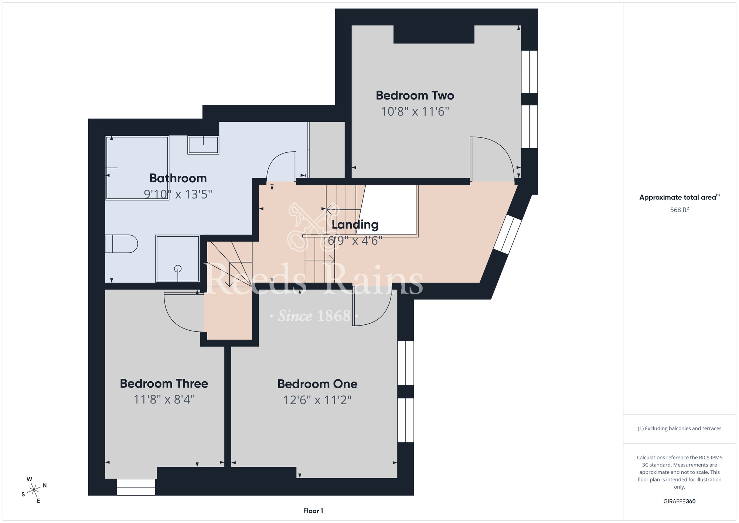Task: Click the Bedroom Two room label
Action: (415, 95)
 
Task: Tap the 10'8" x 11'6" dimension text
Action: (415, 111)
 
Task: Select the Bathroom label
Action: (178, 178)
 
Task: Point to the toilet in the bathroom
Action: (121, 244)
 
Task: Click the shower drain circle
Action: (178, 269)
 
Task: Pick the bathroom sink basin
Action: (203, 145)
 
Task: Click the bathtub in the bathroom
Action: (137, 168)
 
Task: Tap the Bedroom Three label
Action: (164, 384)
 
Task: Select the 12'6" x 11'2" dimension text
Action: (317, 400)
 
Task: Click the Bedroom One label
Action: (317, 384)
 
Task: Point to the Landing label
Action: (355, 225)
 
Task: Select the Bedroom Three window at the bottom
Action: (136, 487)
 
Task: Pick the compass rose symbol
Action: (34, 490)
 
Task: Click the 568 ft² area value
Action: (680, 210)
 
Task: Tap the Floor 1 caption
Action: (313, 511)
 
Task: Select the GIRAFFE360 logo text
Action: (680, 502)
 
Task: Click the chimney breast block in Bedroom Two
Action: (434, 34)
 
